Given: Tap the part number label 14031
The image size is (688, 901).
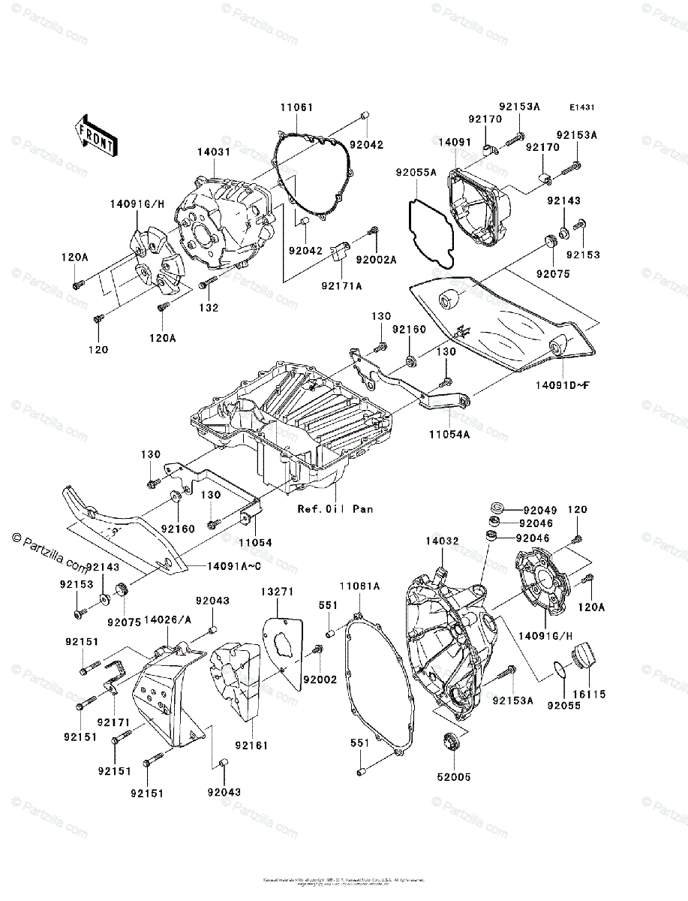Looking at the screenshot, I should [x=213, y=152].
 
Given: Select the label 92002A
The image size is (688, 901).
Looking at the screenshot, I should [x=376, y=259].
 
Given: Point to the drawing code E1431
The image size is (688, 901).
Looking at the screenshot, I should [x=581, y=108].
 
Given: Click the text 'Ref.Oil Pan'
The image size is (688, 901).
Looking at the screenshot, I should [x=335, y=508].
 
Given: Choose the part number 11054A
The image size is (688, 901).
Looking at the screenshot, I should [x=449, y=433].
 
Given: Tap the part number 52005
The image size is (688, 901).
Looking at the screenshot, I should [x=455, y=777].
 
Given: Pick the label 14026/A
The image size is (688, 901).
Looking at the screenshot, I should [x=167, y=619].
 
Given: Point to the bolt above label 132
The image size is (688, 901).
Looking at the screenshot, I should [x=210, y=282].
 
